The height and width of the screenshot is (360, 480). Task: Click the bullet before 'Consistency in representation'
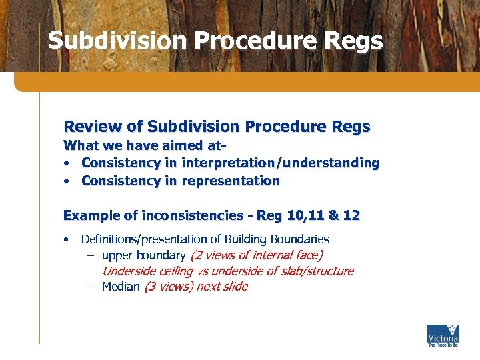click(68, 181)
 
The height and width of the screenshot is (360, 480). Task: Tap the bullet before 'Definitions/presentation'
click(68, 239)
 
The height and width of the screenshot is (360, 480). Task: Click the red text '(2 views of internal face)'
click(257, 255)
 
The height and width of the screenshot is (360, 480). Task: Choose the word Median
click(121, 287)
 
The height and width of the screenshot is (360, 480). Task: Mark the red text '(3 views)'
click(167, 287)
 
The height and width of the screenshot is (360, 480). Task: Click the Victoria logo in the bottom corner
click(442, 335)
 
